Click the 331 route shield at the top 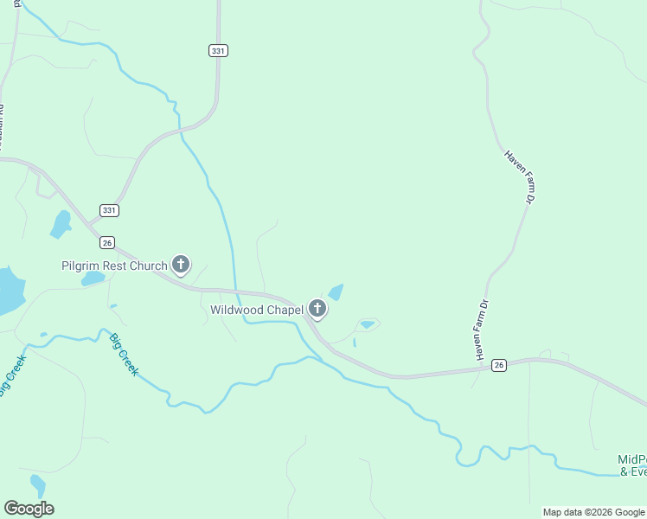point(218,51)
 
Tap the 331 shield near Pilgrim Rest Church point(109,210)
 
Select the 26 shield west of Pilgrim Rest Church point(107,242)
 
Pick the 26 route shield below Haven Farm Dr point(498,366)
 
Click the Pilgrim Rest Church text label point(113,266)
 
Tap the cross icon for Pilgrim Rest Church point(181,265)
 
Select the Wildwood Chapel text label point(257,310)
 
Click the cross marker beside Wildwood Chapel point(317,309)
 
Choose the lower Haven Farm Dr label point(483,330)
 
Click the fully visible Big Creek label point(124,355)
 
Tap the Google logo point(29,509)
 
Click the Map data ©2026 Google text point(593,512)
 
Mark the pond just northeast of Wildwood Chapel point(336,292)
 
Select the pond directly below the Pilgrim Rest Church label point(93,279)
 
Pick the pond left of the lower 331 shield point(61,224)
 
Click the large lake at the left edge point(9,292)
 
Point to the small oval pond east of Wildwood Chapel point(367,324)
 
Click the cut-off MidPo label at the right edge point(632,465)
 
